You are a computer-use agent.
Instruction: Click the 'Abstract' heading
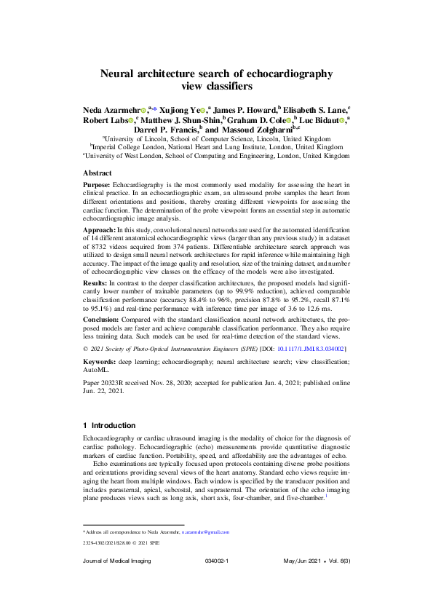(x=98, y=174)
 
